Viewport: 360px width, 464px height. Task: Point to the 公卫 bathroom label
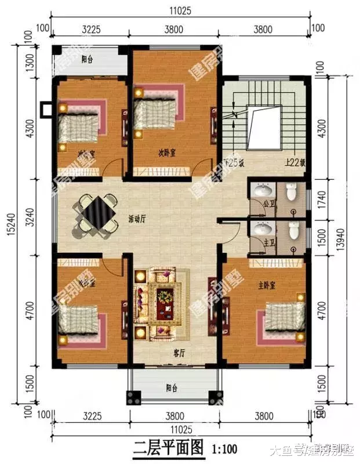pyautogui.click(x=268, y=204)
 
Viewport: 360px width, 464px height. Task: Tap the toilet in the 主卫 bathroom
pyautogui.click(x=294, y=231)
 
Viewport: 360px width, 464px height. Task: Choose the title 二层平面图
pyautogui.click(x=168, y=448)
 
